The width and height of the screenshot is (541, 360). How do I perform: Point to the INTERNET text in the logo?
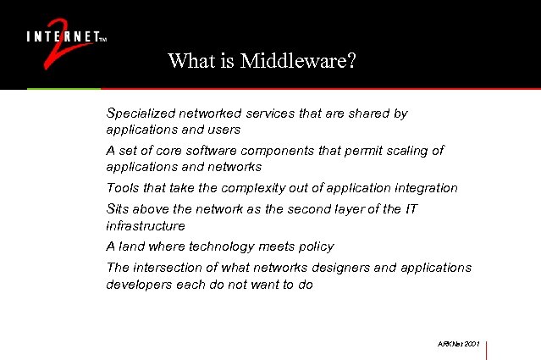61,36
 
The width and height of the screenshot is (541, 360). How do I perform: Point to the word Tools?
122,188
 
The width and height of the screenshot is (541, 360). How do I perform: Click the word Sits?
119,208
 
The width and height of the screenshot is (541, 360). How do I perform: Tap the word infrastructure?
145,226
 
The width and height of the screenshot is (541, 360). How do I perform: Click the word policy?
315,246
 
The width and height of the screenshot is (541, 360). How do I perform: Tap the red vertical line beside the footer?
487,349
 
